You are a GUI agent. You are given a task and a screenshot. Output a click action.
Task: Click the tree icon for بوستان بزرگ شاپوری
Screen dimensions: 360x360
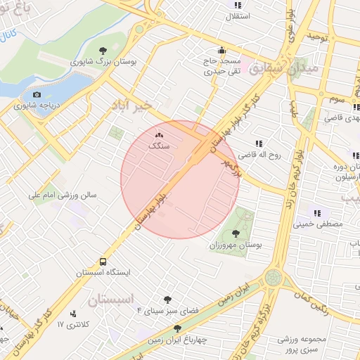click(103, 50)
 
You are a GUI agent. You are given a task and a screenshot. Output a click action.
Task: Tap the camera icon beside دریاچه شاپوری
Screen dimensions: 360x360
click(37, 95)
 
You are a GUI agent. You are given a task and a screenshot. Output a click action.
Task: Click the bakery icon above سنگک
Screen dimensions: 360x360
click(158, 135)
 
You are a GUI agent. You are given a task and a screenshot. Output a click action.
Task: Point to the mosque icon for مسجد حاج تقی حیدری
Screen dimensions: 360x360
click(221, 50)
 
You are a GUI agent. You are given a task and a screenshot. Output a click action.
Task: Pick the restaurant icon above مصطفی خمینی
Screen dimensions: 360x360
click(317, 212)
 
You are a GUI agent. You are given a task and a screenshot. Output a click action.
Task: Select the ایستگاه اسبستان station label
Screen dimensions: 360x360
click(103, 271)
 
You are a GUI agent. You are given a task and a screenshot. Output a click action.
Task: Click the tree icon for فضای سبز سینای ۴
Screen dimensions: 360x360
click(167, 300)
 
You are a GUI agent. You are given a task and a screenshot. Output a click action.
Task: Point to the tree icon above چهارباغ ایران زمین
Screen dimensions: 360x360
click(176, 328)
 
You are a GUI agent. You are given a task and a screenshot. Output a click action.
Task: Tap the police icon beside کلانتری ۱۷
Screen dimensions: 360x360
click(74, 314)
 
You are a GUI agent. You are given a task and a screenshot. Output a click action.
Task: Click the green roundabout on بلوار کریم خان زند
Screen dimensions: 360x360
click(274, 277)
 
